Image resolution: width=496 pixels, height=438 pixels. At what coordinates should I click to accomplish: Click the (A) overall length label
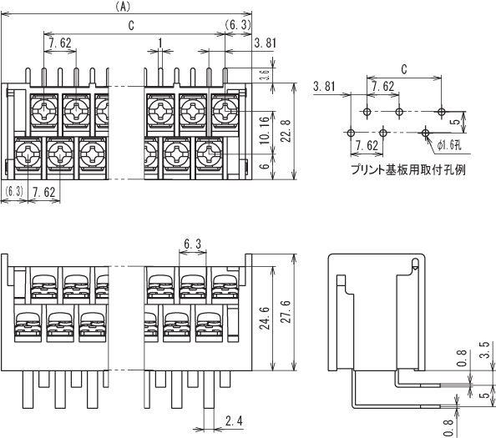tap(123, 7)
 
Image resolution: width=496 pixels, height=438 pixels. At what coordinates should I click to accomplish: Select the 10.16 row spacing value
tap(265, 130)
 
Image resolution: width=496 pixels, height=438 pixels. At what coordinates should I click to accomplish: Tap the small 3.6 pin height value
tap(266, 75)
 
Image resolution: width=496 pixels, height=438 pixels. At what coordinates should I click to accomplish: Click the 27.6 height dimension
tap(286, 311)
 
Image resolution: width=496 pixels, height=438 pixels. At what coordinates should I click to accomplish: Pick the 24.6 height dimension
tap(265, 318)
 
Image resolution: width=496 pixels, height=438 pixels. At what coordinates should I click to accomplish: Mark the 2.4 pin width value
tap(234, 421)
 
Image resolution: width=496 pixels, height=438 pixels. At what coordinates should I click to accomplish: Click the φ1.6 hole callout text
tap(449, 145)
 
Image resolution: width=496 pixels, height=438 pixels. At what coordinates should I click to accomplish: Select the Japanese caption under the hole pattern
tap(408, 170)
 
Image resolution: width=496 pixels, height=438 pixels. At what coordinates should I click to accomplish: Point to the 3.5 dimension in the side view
tap(484, 350)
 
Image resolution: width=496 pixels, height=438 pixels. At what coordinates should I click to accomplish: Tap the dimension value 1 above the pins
tap(160, 43)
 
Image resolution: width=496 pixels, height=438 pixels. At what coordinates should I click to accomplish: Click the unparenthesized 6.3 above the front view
tap(192, 244)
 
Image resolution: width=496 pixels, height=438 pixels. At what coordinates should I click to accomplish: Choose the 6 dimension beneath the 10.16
tap(265, 165)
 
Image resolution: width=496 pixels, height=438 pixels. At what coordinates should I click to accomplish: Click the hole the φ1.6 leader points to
tap(426, 133)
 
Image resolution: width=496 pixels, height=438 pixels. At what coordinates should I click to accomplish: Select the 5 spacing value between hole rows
tap(456, 122)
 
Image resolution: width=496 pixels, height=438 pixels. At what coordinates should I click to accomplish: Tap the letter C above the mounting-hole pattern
tap(404, 69)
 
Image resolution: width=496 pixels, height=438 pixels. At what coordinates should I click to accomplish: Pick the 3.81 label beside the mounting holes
tap(324, 86)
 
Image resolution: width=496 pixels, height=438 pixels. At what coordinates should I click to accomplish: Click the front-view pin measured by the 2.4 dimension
tap(209, 390)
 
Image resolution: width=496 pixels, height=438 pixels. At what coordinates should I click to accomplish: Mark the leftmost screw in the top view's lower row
tap(28, 154)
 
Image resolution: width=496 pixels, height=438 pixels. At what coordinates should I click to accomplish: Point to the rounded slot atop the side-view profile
tap(415, 264)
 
